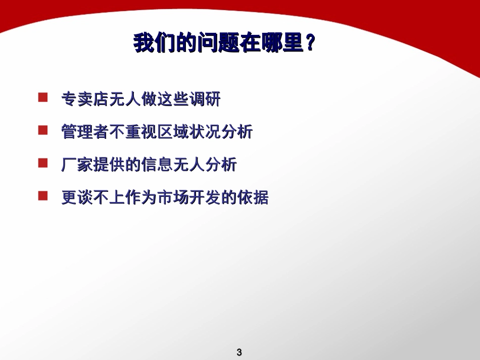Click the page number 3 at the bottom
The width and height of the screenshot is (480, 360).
pos(239,352)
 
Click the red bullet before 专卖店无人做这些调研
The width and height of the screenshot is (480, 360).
pos(43,97)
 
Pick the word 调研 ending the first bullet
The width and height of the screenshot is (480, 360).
pos(205,99)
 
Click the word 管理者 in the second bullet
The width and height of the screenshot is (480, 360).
pos(85,132)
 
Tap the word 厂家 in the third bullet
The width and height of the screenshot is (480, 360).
pos(77,165)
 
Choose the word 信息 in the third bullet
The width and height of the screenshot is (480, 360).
pos(157,165)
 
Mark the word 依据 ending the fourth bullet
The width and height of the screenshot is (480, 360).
pos(253,197)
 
